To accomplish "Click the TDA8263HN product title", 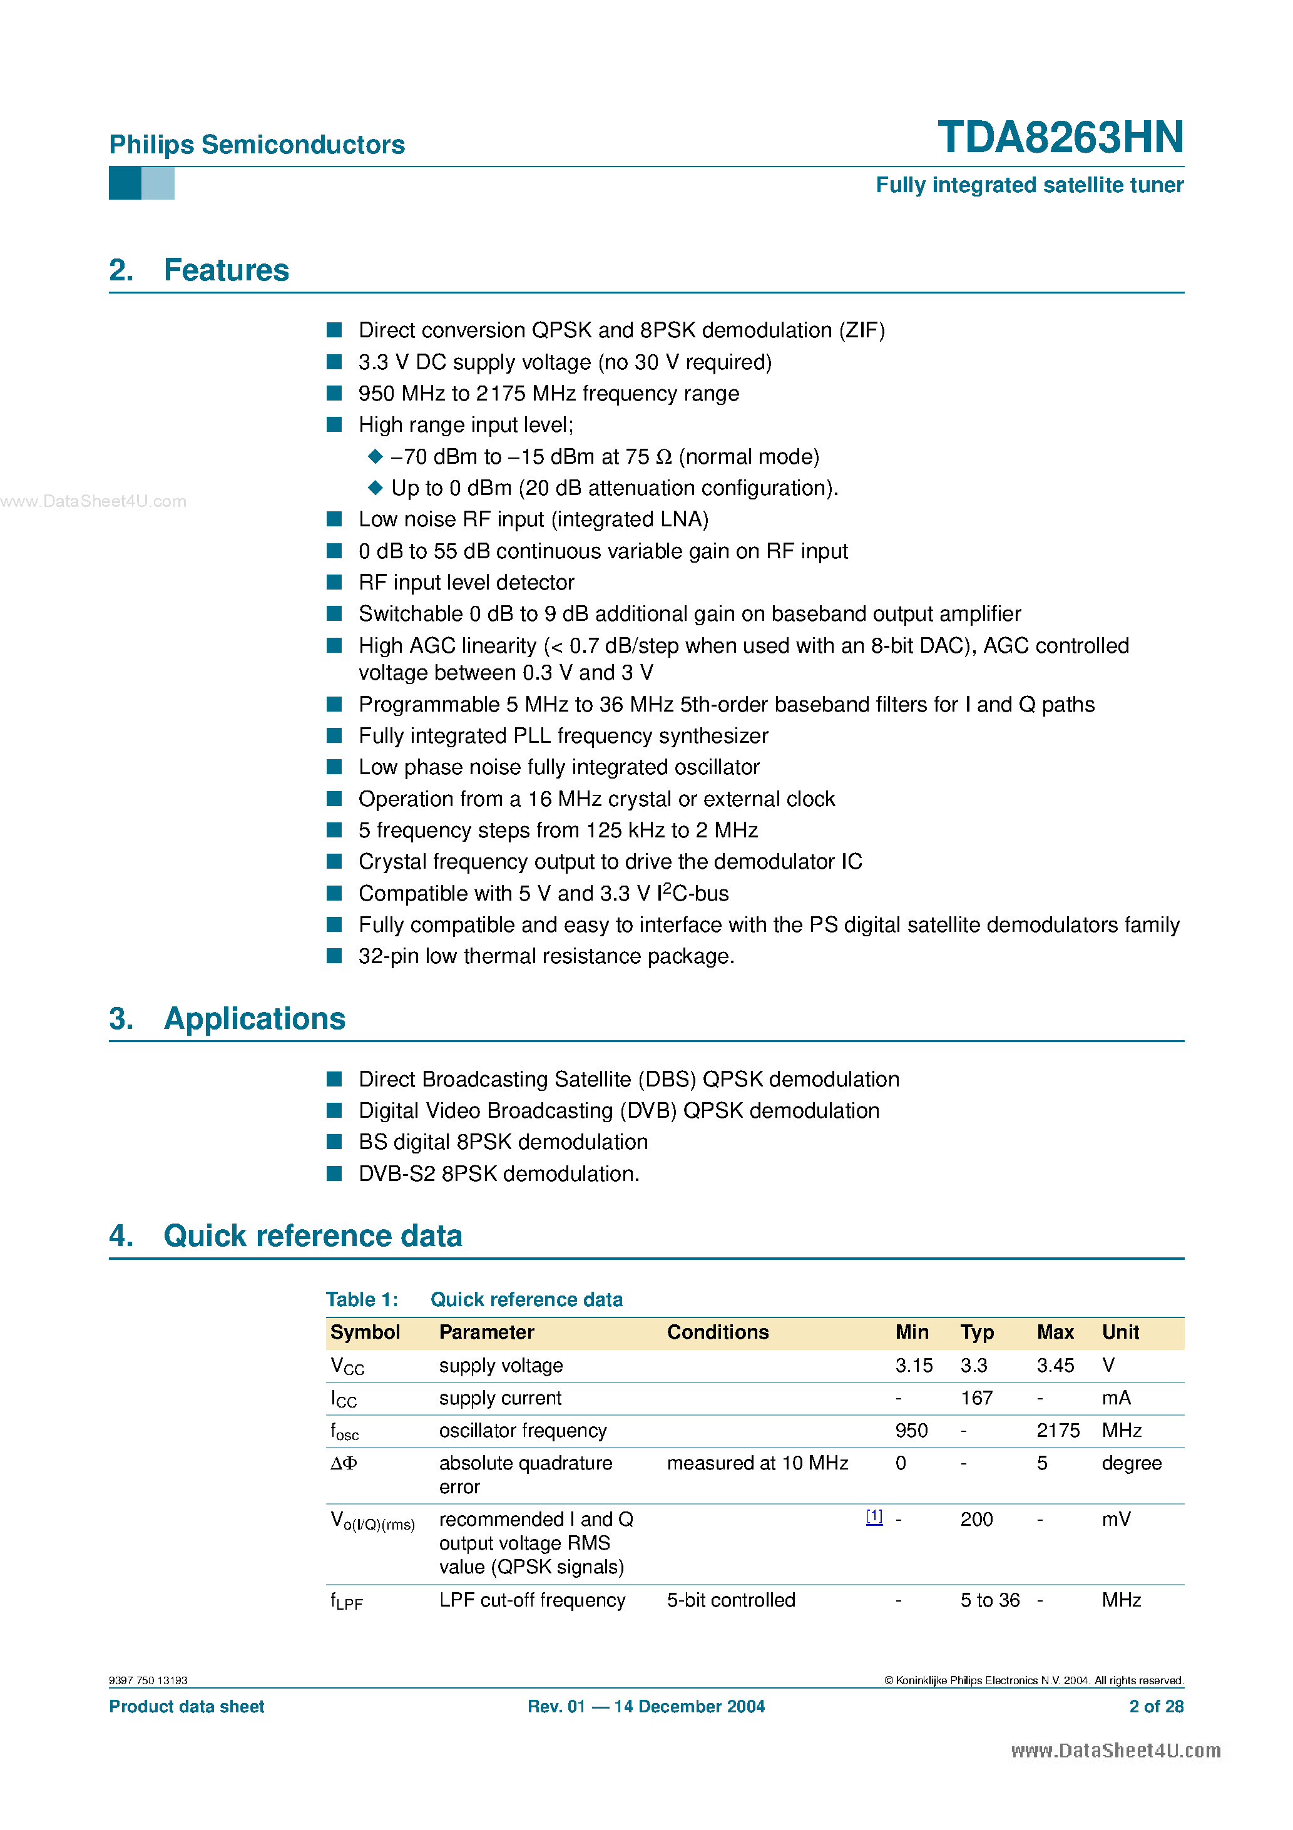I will click(x=1060, y=137).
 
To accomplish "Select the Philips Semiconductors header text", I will click(x=257, y=145).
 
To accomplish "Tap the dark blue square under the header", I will click(x=125, y=183).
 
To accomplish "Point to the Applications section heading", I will click(x=253, y=1019).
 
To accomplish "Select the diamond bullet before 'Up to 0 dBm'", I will click(x=375, y=487).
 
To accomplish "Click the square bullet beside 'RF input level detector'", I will click(x=335, y=582).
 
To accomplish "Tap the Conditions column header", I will click(x=717, y=1332).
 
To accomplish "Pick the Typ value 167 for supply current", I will click(x=976, y=1398).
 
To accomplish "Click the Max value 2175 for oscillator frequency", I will click(x=1058, y=1431).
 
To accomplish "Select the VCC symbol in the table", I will click(x=347, y=1366).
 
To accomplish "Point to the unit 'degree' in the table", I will click(x=1131, y=1463).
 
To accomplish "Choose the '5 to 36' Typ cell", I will click(x=989, y=1600).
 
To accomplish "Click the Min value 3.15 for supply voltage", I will click(x=914, y=1366).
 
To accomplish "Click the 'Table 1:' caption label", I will click(x=362, y=1299).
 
